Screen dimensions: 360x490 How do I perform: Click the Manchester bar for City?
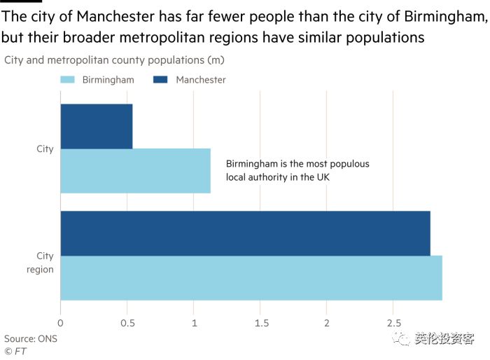[x=97, y=126]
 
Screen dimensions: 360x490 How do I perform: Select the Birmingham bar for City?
[x=136, y=171]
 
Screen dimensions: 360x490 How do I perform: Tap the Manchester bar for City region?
[x=245, y=233]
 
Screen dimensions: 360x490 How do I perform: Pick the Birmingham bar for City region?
[x=251, y=278]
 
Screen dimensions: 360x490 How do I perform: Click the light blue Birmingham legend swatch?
[x=68, y=80]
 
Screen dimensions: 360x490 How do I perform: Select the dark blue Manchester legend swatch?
[x=160, y=80]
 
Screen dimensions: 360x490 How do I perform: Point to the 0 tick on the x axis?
[x=61, y=323]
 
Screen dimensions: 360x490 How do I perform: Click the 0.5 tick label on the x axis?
[x=127, y=323]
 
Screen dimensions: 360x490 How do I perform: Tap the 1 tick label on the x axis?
[x=194, y=323]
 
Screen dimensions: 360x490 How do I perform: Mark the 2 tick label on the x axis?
[x=327, y=323]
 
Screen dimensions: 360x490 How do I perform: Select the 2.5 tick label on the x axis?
[x=393, y=323]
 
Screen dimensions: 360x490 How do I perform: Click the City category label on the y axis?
[x=45, y=149]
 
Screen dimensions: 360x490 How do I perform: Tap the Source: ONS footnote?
[x=31, y=339]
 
